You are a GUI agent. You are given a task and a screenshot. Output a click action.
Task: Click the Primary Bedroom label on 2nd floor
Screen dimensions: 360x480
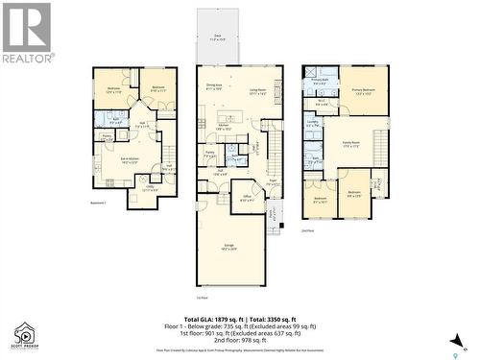[x=363, y=93]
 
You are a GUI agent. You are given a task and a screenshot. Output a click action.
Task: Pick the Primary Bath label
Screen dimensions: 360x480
[x=319, y=83]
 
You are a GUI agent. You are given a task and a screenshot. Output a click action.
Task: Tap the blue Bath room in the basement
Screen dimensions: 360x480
[x=114, y=121]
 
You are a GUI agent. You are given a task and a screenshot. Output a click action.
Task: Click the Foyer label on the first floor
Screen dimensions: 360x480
[x=272, y=182]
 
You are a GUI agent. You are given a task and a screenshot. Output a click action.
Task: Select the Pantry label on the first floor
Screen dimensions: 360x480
[x=208, y=153]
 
